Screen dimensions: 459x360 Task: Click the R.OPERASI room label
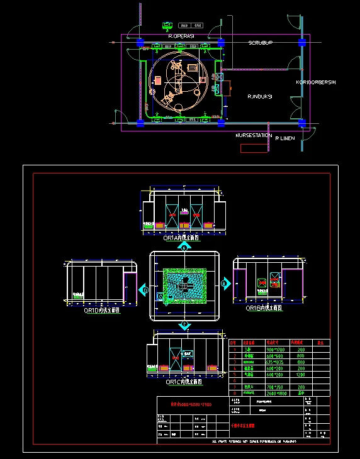click(181, 37)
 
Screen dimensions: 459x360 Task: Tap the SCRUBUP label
click(260, 43)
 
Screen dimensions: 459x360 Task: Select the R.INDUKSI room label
click(259, 96)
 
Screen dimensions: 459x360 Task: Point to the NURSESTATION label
click(254, 135)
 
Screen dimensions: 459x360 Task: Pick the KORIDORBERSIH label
click(316, 82)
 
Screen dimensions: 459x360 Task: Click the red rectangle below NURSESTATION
click(254, 148)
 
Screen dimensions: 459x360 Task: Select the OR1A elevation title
click(181, 239)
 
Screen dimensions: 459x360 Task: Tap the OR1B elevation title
click(262, 308)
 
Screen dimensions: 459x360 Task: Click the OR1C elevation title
click(184, 382)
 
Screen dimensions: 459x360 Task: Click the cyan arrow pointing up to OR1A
click(184, 247)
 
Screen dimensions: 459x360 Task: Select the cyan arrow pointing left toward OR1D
click(143, 290)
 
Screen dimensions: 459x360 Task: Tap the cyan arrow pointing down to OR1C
click(184, 325)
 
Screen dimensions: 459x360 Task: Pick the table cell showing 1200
click(301, 375)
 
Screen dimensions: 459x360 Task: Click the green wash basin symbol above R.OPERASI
click(167, 26)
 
